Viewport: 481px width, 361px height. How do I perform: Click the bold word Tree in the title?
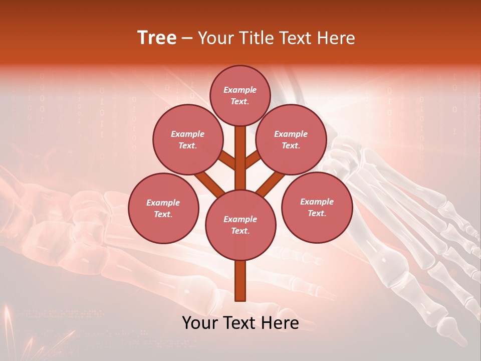point(157,38)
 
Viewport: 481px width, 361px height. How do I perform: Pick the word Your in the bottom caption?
point(200,323)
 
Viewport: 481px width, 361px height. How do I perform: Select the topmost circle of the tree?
point(240,95)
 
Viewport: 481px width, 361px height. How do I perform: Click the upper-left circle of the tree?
point(187,139)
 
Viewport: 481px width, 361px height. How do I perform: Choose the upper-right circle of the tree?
point(291,139)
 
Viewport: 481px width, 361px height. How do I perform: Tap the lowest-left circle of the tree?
point(163,208)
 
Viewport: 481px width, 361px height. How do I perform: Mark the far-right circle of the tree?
point(317,207)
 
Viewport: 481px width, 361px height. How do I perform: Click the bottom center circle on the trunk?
point(240,225)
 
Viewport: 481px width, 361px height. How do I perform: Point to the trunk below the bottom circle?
point(240,281)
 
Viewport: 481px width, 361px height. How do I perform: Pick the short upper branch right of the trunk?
point(253,159)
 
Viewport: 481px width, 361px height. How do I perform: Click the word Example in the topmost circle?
point(240,90)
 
